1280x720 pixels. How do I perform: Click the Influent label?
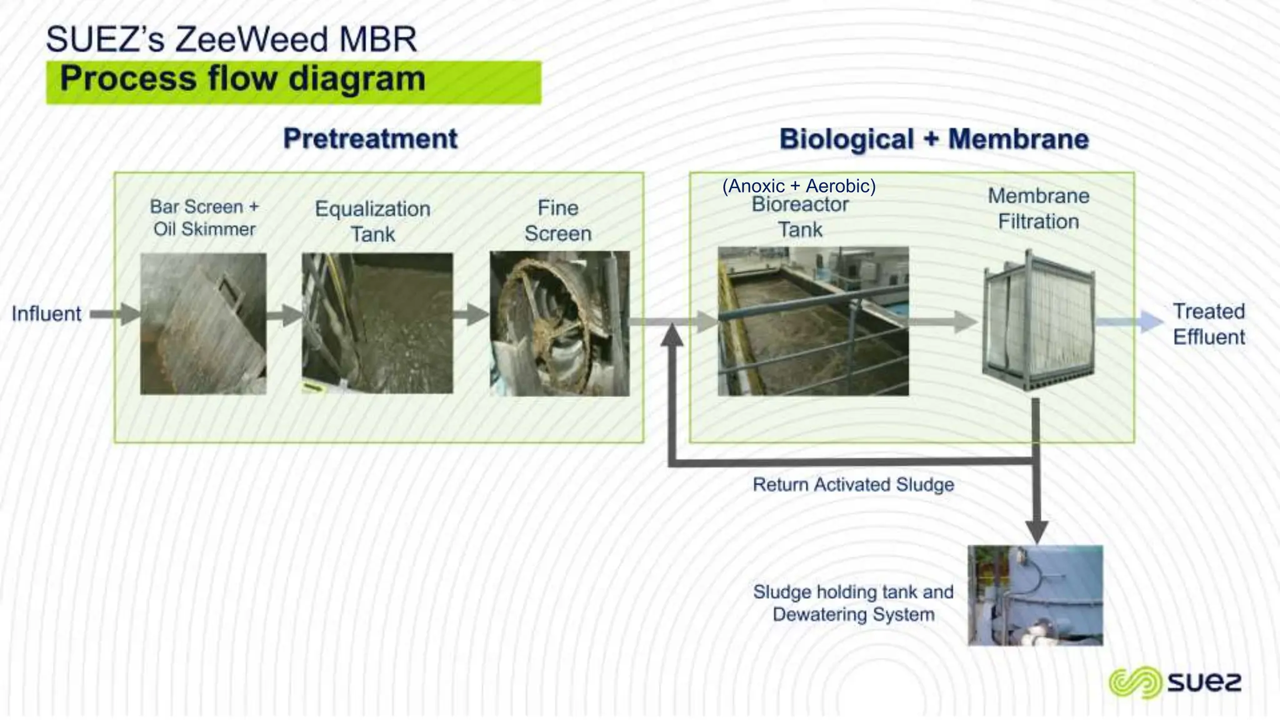(46, 314)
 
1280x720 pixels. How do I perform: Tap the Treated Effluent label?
(1208, 324)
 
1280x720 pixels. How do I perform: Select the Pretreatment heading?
(370, 139)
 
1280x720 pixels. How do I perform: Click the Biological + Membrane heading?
(934, 139)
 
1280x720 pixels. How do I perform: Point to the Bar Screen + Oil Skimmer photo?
(203, 323)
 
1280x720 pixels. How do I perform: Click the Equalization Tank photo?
(377, 323)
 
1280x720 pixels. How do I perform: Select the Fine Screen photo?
(559, 323)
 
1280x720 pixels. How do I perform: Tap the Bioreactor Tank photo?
(812, 321)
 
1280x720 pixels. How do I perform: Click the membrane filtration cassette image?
(1038, 320)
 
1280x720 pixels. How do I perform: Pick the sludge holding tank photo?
(1035, 595)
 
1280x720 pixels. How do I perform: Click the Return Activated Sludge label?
(853, 485)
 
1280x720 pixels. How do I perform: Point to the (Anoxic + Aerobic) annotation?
(799, 186)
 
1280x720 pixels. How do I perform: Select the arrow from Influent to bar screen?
(116, 314)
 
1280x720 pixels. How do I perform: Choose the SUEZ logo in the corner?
(1174, 682)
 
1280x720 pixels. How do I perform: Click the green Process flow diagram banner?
(294, 81)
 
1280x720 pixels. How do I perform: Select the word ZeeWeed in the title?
(251, 39)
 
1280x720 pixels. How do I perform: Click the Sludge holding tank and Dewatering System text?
(853, 603)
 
